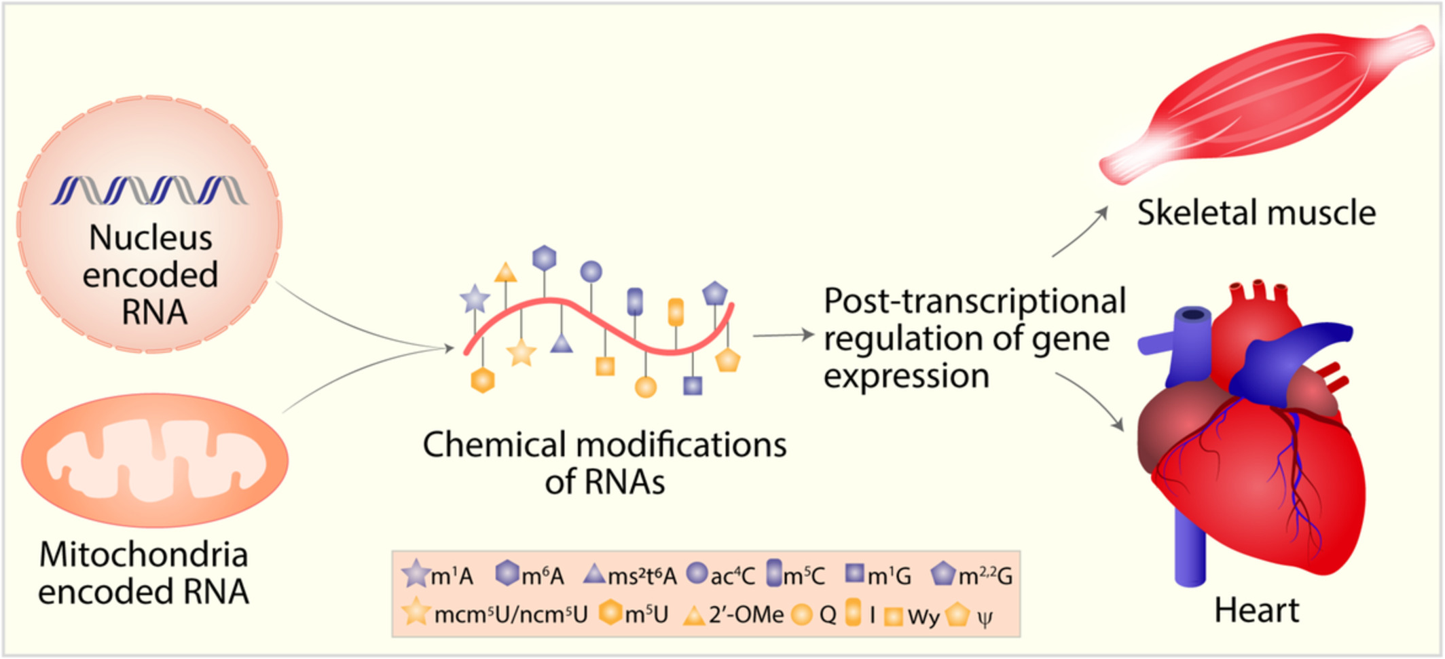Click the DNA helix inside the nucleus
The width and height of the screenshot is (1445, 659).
(x=149, y=190)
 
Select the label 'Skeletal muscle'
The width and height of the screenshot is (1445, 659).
(x=1256, y=213)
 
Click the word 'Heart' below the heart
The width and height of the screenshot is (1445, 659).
(x=1256, y=610)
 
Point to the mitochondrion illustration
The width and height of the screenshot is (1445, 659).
(x=155, y=460)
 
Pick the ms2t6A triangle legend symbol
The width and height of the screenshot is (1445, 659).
(x=594, y=575)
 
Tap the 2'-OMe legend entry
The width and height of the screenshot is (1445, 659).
(x=733, y=615)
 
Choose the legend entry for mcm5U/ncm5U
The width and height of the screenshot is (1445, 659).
(x=496, y=614)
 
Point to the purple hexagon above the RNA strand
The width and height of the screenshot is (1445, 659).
(x=545, y=258)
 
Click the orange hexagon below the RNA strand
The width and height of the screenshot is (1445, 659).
(x=482, y=380)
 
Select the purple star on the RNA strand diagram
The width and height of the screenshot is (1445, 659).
(x=475, y=299)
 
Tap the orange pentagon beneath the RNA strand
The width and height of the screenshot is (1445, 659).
(x=727, y=360)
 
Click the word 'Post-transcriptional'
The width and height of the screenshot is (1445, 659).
(x=974, y=301)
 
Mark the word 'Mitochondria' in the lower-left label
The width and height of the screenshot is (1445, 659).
(x=144, y=554)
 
